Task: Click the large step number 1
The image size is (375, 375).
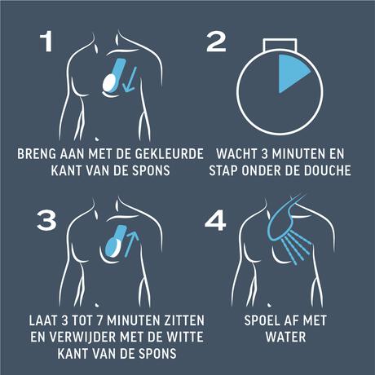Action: (46, 42)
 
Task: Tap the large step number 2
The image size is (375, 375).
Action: (216, 42)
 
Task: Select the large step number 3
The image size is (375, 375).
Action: (46, 221)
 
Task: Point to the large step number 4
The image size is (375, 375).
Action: (215, 221)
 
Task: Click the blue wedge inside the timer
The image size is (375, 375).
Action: (292, 73)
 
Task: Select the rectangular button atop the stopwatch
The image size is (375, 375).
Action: (280, 45)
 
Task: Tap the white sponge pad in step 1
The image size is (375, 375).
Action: (109, 82)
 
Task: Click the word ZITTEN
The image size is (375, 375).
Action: (184, 320)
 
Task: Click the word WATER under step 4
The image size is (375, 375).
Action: (285, 337)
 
